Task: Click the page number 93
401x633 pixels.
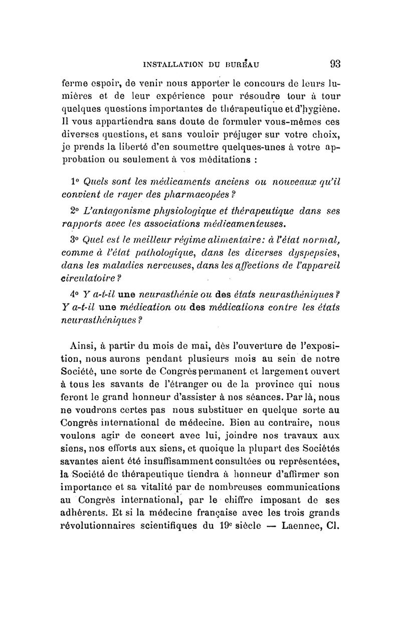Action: pyautogui.click(x=335, y=64)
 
